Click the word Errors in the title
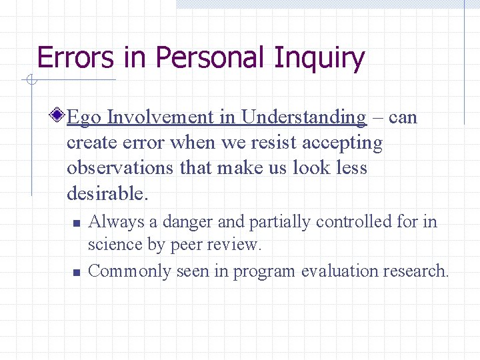75,58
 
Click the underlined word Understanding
303,118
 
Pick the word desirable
105,193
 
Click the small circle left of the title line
30,81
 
